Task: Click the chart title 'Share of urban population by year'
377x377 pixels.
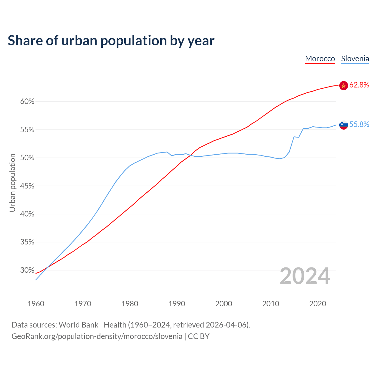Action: coord(111,41)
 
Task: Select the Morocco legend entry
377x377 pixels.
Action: coord(320,59)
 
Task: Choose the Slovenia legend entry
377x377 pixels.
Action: coord(355,59)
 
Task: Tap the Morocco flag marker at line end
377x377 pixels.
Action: coord(343,85)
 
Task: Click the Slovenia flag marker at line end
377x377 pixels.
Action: coord(343,125)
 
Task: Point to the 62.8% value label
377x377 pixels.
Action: coord(359,85)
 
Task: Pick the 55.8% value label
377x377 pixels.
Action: coord(359,125)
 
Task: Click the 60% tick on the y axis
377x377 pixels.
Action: coord(27,102)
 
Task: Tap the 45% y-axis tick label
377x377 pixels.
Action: coord(27,186)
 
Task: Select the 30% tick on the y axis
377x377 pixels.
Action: coord(27,270)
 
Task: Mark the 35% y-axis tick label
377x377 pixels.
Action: coord(27,242)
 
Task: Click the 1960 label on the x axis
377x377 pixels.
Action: coord(36,304)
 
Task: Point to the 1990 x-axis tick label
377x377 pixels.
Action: coord(177,304)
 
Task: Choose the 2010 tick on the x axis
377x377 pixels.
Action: coord(271,304)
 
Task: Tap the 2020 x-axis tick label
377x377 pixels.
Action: coord(318,304)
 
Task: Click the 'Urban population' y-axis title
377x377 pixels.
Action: coord(12,183)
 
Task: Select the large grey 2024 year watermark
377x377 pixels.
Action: coord(305,276)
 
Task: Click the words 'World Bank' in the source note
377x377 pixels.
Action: coord(78,325)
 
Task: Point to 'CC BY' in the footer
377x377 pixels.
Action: coord(199,336)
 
